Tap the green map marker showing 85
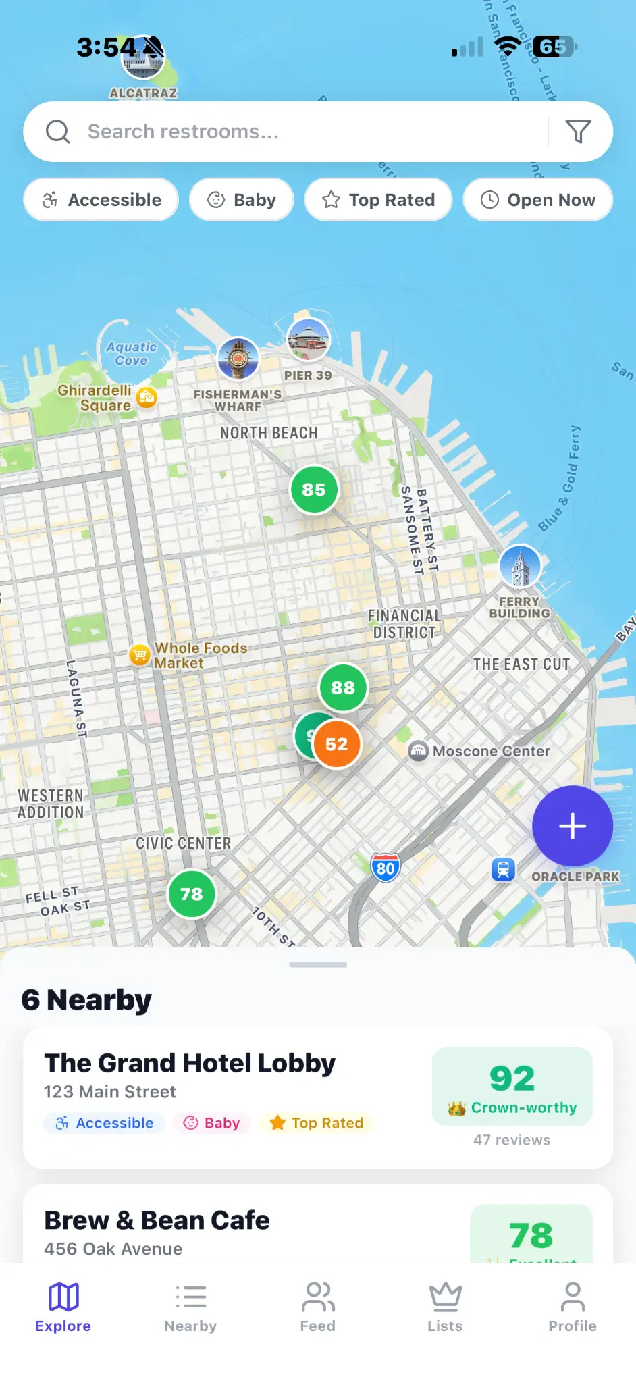coord(314,490)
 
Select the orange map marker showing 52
coord(337,744)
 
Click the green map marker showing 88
coord(343,687)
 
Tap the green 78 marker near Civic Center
coord(192,894)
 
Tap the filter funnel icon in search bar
coord(578,132)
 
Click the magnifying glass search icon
coord(58,132)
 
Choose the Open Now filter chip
coord(538,200)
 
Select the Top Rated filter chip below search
coord(378,200)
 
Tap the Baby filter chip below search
coord(242,200)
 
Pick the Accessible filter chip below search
coord(101,200)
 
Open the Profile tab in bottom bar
coord(572,1307)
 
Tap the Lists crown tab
coord(445,1307)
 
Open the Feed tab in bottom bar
coord(318,1307)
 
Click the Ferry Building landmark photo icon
coord(520,566)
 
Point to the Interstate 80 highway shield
coord(386,868)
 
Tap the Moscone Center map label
coord(491,751)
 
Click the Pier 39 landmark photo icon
coord(309,339)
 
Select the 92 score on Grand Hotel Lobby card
coord(512,1078)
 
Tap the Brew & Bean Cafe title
coord(157,1220)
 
